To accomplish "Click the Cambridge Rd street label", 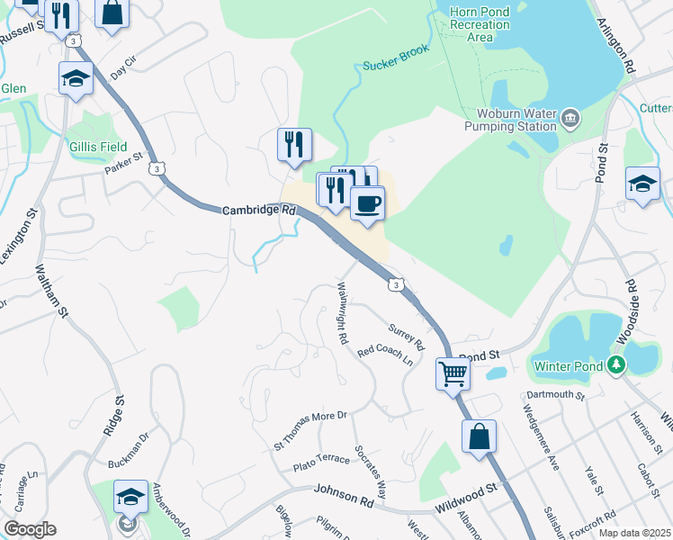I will coord(259,210).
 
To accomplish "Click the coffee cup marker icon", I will coord(367,202).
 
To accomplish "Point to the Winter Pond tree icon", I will coord(615,364).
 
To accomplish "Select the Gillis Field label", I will coord(97,147).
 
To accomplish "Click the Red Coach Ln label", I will coord(385,356).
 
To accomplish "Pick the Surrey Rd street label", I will coord(407,337).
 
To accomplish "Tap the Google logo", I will coord(30,529).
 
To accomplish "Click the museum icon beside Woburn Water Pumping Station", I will coord(570,119).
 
